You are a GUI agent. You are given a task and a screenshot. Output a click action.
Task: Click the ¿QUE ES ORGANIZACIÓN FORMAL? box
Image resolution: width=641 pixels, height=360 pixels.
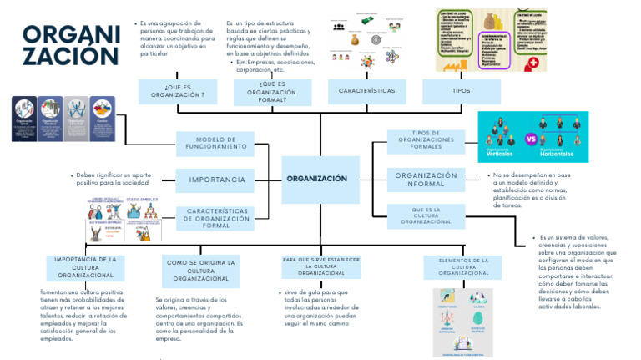pyautogui.click(x=272, y=91)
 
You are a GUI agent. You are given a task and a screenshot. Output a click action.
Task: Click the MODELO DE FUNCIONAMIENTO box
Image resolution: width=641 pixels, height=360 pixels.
pyautogui.click(x=215, y=144)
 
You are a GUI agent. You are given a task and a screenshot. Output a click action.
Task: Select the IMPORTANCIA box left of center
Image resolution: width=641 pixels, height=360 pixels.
pyautogui.click(x=215, y=180)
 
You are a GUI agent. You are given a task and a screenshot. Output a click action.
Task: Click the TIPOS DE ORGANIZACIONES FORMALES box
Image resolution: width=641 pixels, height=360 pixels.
pyautogui.click(x=426, y=140)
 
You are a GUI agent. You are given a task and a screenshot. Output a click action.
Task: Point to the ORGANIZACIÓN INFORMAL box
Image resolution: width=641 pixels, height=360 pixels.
pyautogui.click(x=426, y=180)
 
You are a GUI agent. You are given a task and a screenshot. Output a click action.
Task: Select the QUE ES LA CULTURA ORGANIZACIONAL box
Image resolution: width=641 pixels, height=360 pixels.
pyautogui.click(x=426, y=215)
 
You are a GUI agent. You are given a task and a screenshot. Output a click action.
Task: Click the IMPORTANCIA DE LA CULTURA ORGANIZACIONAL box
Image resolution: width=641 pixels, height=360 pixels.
pyautogui.click(x=85, y=267)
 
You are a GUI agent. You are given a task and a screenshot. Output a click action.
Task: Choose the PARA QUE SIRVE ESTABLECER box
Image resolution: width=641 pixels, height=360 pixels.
pyautogui.click(x=320, y=266)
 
